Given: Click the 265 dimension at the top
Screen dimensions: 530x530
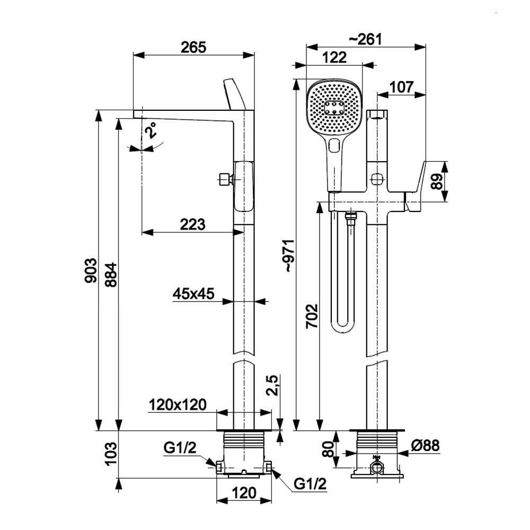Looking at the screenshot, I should click(x=193, y=47).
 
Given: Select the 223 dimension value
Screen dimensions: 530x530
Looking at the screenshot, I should click(x=192, y=225).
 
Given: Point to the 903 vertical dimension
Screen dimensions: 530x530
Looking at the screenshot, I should click(x=91, y=271).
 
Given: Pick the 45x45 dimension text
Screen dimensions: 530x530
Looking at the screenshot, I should click(x=193, y=294).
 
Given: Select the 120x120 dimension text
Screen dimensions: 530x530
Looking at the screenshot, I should click(x=177, y=405).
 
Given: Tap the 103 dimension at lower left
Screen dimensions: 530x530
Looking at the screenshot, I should click(x=110, y=454).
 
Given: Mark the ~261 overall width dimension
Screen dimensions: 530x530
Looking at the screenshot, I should click(x=366, y=39).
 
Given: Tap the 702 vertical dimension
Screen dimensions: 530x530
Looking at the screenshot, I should click(x=311, y=316).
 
